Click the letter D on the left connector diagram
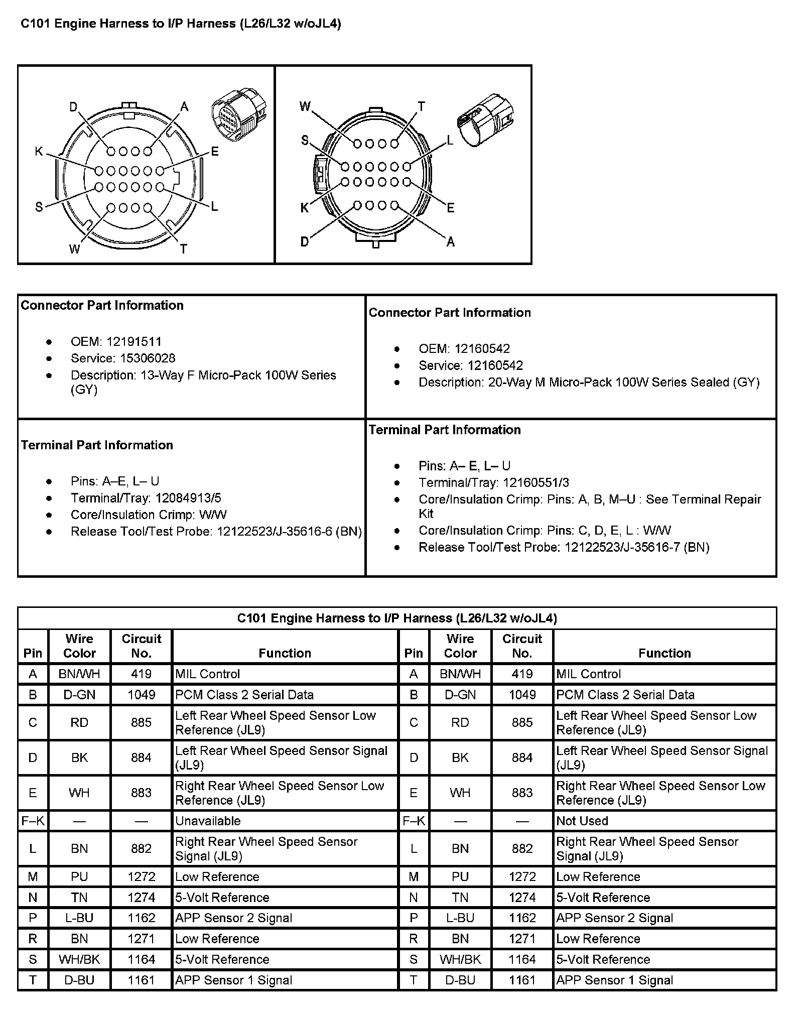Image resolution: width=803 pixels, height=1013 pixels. pos(74,107)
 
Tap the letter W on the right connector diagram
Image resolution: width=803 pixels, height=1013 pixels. pos(305,106)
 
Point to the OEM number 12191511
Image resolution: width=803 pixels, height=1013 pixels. pos(133,342)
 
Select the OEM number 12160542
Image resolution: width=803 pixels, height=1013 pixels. pos(482,349)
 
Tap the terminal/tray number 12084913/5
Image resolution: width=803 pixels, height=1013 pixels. pos(188,498)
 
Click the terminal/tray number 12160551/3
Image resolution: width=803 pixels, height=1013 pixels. pos(536,483)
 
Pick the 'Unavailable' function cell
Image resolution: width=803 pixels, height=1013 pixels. pos(208,821)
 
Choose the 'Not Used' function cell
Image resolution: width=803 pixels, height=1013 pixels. pos(582,821)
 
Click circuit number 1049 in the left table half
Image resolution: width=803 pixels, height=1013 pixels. pos(141,695)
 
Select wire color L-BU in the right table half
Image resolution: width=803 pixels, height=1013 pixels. pos(460,918)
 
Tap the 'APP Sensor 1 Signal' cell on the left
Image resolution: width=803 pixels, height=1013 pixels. pos(233,980)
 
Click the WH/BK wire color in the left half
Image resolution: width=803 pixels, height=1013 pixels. pos(79,960)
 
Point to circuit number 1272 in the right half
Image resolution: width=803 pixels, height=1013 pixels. pos(522,877)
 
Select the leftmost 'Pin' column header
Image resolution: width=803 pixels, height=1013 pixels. pos(33,653)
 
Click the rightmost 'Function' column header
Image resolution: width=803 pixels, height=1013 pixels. pos(664,653)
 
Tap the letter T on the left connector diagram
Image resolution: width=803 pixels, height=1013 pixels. pos(184,249)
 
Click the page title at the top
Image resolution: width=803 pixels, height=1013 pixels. pos(181,24)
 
